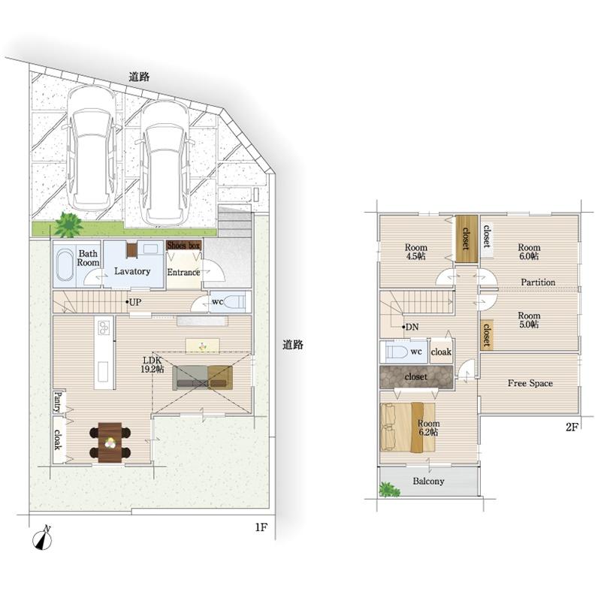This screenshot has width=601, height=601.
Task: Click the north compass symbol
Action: (x=43, y=539)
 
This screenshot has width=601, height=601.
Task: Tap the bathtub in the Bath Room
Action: (x=65, y=265)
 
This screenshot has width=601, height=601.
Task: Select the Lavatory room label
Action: (x=132, y=271)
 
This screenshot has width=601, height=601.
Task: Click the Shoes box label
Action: (x=184, y=246)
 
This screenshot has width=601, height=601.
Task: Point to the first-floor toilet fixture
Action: (x=233, y=301)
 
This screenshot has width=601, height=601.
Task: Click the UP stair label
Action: (x=135, y=302)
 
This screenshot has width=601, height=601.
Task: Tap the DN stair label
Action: (x=412, y=327)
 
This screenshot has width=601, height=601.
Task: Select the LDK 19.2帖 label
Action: (x=153, y=364)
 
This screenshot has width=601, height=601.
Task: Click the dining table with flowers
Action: (x=110, y=442)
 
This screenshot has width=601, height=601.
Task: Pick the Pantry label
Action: (x=59, y=401)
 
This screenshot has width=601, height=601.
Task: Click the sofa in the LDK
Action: (x=202, y=378)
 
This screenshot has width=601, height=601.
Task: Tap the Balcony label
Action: (x=428, y=481)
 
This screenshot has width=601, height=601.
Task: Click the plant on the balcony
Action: (x=389, y=490)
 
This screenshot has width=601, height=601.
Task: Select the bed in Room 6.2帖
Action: (x=408, y=427)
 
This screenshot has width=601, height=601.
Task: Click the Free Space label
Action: (x=530, y=383)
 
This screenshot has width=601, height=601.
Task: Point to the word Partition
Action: (x=538, y=282)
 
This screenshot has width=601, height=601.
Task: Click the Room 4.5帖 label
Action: (x=416, y=252)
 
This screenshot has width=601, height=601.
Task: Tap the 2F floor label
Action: (x=572, y=427)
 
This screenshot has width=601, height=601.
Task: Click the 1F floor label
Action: (x=261, y=527)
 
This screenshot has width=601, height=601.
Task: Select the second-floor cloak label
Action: (x=441, y=352)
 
